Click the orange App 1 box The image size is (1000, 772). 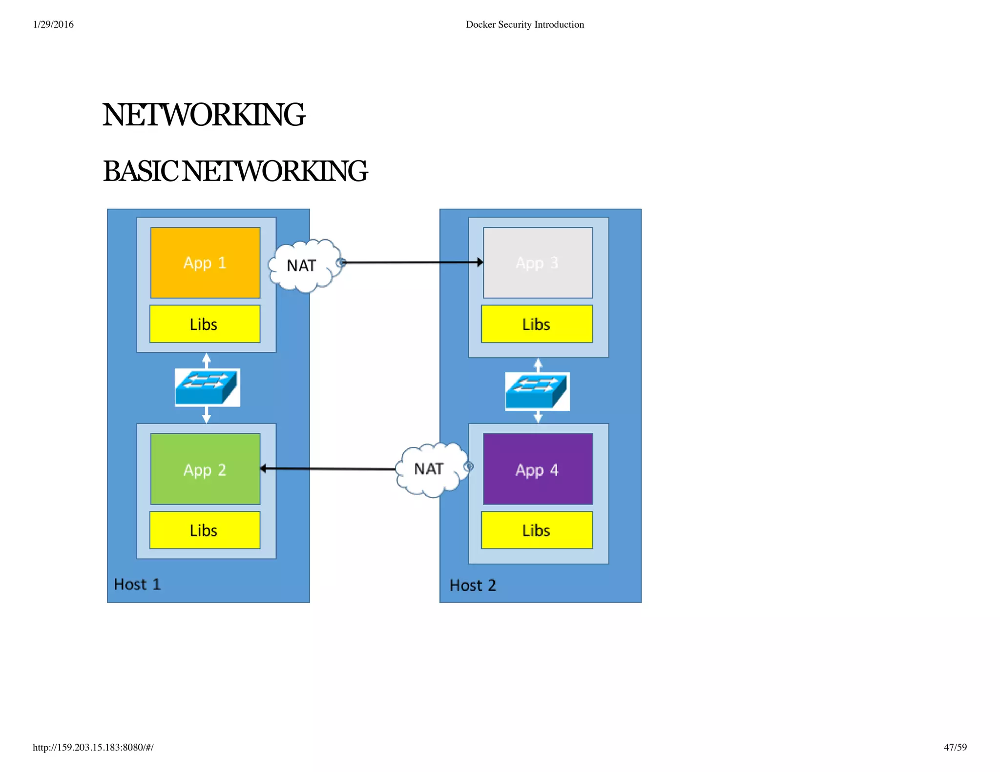coord(205,263)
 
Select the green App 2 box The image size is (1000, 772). coord(205,469)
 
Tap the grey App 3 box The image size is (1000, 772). coord(538,263)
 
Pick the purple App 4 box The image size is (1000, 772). coord(538,469)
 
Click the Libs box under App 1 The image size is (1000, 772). coord(205,324)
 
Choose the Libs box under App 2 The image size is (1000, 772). coord(205,530)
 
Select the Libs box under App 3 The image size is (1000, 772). coord(537,324)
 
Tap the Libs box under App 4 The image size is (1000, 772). coord(537,530)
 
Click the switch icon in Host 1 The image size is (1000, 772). coord(207,387)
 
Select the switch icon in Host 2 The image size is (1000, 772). coord(537,391)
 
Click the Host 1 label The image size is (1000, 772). coord(137,584)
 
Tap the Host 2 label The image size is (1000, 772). coord(473,585)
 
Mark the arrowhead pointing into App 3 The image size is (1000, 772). coord(480,263)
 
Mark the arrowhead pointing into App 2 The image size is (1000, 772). coord(264,468)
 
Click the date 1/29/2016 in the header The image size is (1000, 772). coord(53,24)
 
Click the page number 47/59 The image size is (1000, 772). coord(955,747)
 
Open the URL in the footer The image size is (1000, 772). coord(93,747)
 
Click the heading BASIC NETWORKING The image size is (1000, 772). coord(235,171)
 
